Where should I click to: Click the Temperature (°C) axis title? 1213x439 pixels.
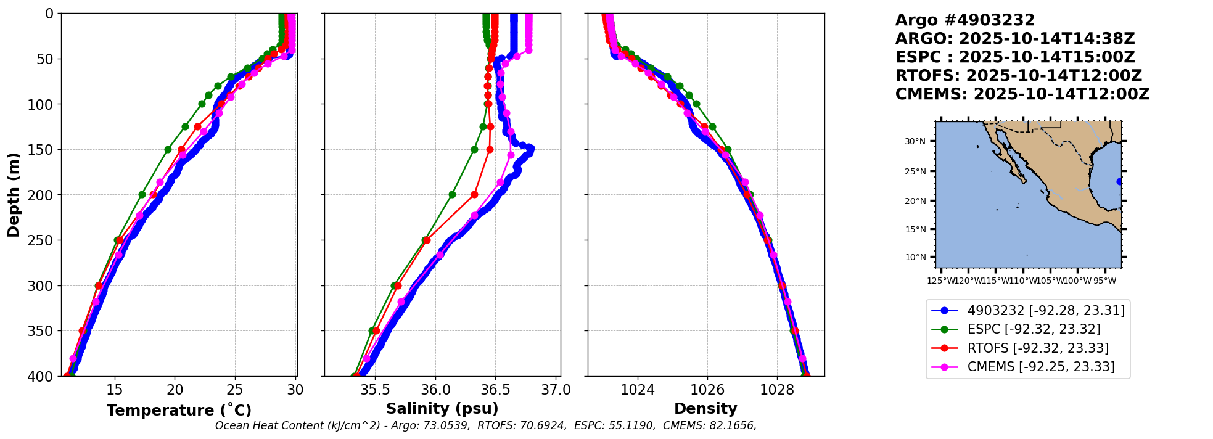click(179, 410)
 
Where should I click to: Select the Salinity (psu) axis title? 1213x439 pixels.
click(442, 409)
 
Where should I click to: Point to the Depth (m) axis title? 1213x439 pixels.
click(14, 194)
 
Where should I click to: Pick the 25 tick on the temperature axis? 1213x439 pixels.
click(235, 390)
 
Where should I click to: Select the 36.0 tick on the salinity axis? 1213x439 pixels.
click(435, 390)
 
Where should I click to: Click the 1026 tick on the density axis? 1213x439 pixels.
click(707, 390)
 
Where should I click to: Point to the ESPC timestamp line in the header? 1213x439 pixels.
click(1015, 57)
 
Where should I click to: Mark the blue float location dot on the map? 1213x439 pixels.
click(1119, 181)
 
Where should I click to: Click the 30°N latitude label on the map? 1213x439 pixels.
click(915, 141)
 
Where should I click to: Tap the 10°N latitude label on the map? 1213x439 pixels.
click(915, 257)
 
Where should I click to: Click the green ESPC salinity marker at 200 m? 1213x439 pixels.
click(452, 194)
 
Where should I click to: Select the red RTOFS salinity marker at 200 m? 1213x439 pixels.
click(474, 194)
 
